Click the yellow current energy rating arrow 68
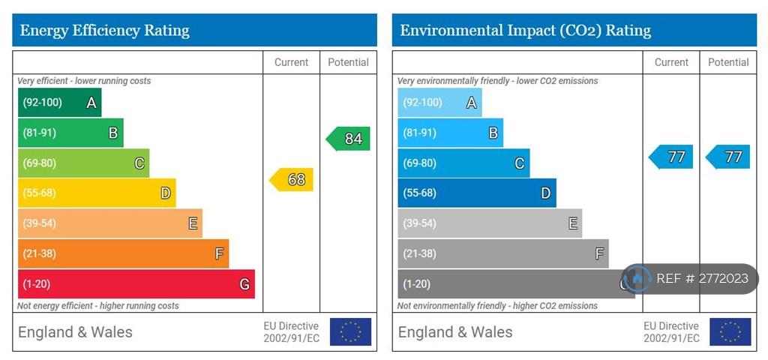(x=292, y=179)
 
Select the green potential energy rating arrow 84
(x=349, y=139)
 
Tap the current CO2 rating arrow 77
(x=671, y=157)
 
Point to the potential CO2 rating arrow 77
(x=728, y=157)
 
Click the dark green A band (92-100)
(x=59, y=103)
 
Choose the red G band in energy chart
(x=136, y=284)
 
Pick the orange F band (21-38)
(x=123, y=253)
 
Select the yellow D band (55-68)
(x=97, y=193)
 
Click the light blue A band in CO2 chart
(x=439, y=103)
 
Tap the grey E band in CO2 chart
(x=490, y=223)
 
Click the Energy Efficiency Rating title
(x=105, y=31)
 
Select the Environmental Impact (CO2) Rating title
(x=525, y=31)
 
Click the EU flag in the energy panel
(x=350, y=332)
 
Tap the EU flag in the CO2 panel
(x=730, y=332)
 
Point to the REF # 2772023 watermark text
(x=702, y=278)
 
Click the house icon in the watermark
(x=637, y=278)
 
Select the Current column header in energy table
(x=291, y=62)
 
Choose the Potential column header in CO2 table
(x=728, y=62)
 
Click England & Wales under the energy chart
(x=75, y=332)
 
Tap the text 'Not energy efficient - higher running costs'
(x=98, y=306)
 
